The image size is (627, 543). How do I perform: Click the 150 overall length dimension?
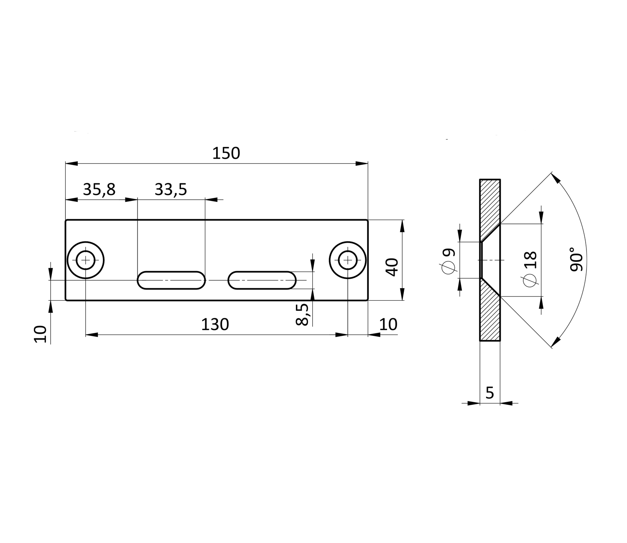click(226, 153)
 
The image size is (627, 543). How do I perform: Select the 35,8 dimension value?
click(99, 190)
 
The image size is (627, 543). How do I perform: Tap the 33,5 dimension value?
click(171, 190)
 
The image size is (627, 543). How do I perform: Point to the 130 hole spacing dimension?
click(215, 325)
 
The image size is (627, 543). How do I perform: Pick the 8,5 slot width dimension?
click(302, 315)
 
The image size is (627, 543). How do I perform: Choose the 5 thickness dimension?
click(490, 393)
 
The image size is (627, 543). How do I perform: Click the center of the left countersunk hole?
click(86, 260)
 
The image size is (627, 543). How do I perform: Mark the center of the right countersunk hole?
click(348, 260)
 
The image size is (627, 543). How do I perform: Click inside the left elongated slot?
click(171, 280)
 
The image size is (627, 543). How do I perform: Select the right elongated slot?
click(262, 280)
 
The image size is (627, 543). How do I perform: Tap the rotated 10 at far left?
click(41, 334)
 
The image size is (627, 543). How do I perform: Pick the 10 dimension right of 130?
click(388, 325)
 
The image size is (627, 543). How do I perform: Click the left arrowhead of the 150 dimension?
click(71, 163)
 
